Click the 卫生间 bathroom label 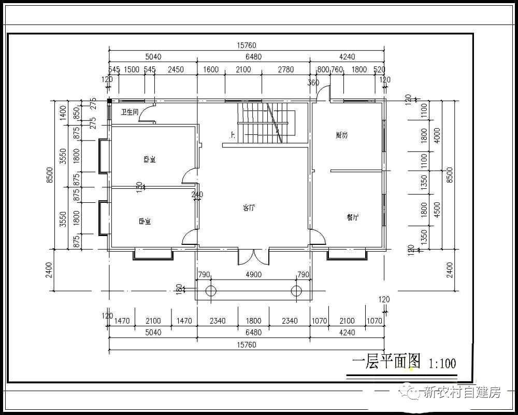pos(129,112)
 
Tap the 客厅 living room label pos(249,208)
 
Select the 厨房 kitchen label pos(341,135)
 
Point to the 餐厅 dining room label pos(353,218)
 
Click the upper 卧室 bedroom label pos(150,160)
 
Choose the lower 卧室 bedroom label pos(145,222)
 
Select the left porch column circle pos(210,290)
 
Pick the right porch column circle pos(296,290)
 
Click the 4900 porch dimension pos(253,274)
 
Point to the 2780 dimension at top pos(285,70)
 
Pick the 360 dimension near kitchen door pos(313,82)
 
